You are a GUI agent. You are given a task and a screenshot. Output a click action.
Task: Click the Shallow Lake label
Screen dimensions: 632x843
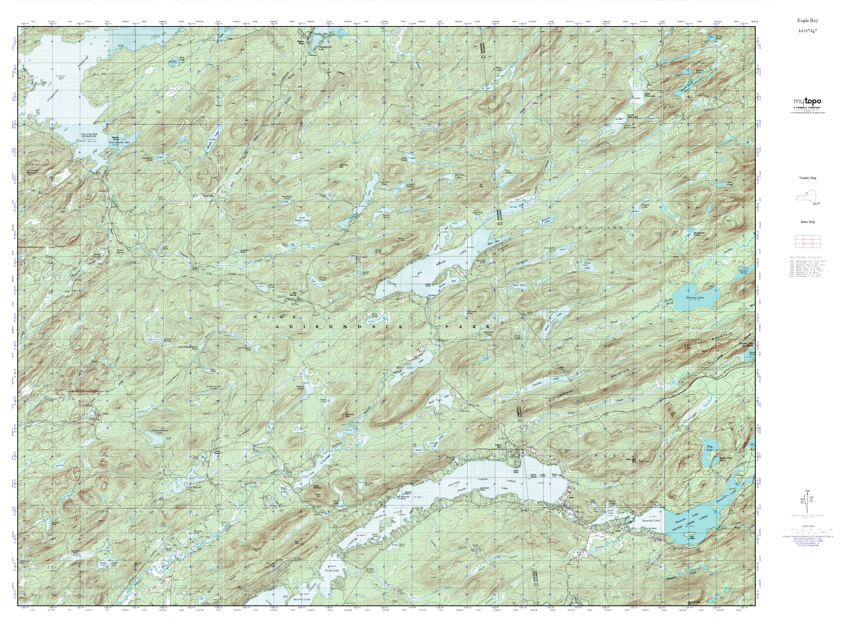tap(695, 297)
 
